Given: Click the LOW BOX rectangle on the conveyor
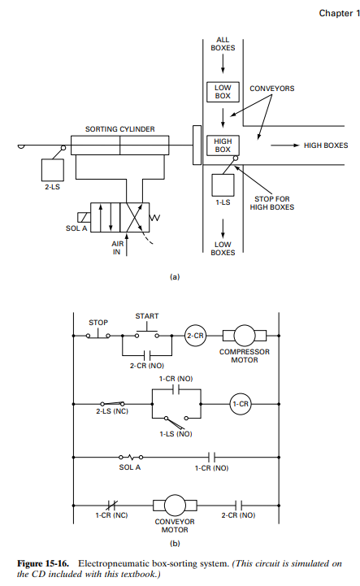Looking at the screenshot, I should click(223, 92).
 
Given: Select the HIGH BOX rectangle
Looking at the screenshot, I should click(223, 145).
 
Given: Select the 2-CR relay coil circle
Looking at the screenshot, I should click(196, 334).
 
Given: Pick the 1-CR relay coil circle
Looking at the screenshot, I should click(241, 404).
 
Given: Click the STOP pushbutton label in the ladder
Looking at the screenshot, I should click(98, 322).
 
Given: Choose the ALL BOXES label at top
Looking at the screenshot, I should click(222, 43).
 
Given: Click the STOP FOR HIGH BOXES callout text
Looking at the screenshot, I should click(295, 202).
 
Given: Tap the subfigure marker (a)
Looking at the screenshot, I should click(174, 276).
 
